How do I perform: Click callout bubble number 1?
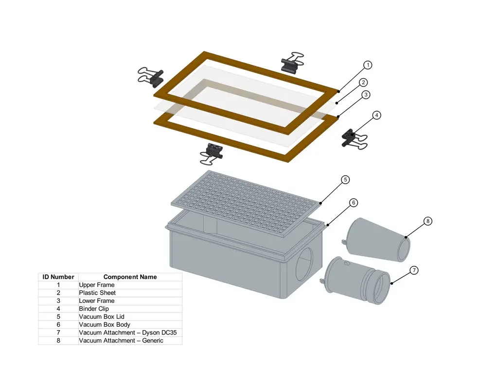pyautogui.click(x=368, y=65)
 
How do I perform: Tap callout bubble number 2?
pyautogui.click(x=363, y=83)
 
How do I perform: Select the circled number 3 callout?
pyautogui.click(x=366, y=95)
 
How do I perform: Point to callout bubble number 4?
pyautogui.click(x=376, y=115)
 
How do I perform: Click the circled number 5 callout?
pyautogui.click(x=345, y=180)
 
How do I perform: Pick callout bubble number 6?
pyautogui.click(x=354, y=202)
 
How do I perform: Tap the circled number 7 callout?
pyautogui.click(x=414, y=270)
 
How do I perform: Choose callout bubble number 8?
pyautogui.click(x=428, y=221)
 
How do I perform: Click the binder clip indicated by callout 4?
pyautogui.click(x=354, y=139)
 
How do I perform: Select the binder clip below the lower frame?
pyautogui.click(x=211, y=154)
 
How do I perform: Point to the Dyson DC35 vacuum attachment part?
pyautogui.click(x=356, y=280)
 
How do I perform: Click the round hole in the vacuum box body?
pyautogui.click(x=304, y=264)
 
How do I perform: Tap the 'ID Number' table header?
pyautogui.click(x=58, y=277)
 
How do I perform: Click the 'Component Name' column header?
pyautogui.click(x=130, y=277)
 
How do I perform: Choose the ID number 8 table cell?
pyautogui.click(x=58, y=341)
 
